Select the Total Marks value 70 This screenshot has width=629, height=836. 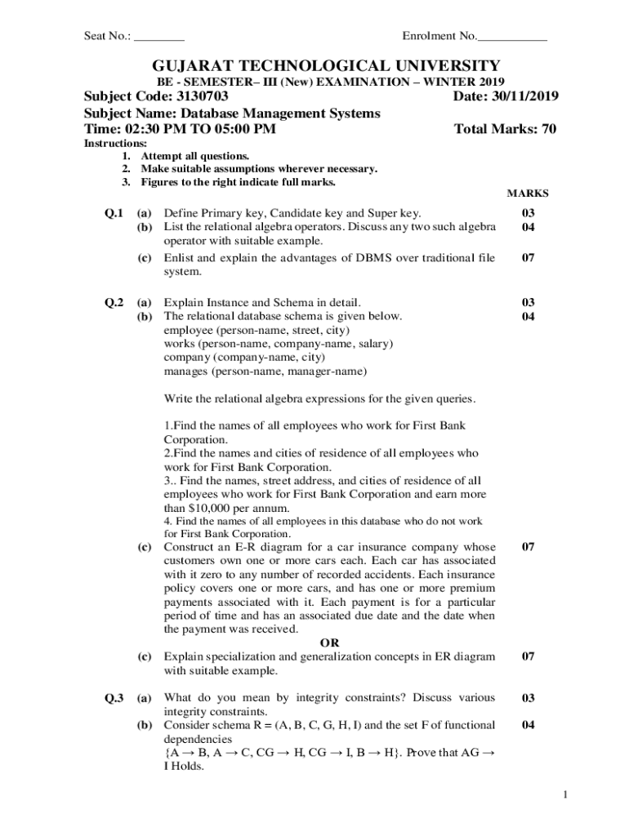coord(549,129)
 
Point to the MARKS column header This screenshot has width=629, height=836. coord(528,193)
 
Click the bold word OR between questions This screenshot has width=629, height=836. coord(329,643)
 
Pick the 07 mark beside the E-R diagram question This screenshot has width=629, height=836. coord(528,547)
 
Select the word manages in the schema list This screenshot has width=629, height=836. coord(186,371)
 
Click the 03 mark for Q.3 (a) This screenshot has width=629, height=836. coord(528,698)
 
